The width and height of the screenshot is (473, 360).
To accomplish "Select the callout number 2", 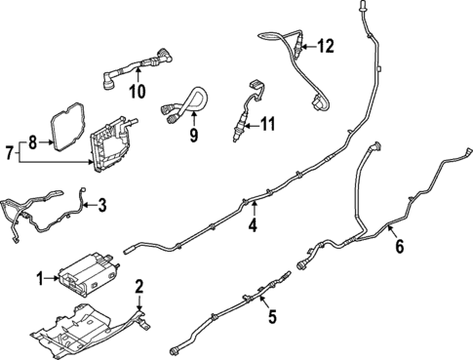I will point(139,286).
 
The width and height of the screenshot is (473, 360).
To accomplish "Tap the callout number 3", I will point(100,205).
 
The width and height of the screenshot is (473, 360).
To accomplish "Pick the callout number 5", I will point(272,315).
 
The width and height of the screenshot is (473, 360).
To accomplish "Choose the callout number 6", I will point(398,248).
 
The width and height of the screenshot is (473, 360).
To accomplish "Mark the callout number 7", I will point(10,153).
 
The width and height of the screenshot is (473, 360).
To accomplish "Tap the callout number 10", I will point(138,93).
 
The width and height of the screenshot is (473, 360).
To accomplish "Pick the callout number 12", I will point(325,45).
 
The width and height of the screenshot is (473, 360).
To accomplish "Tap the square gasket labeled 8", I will point(64,129).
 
